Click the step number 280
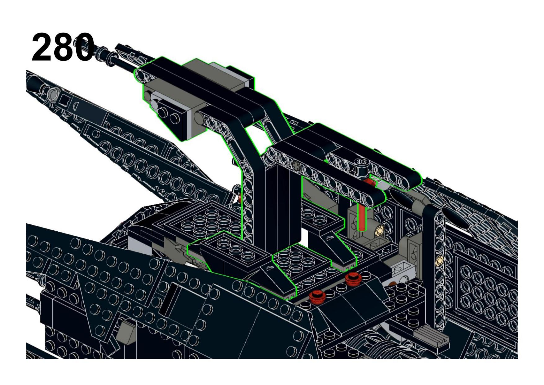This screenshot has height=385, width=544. [63, 48]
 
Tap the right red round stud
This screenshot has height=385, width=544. [353, 279]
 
